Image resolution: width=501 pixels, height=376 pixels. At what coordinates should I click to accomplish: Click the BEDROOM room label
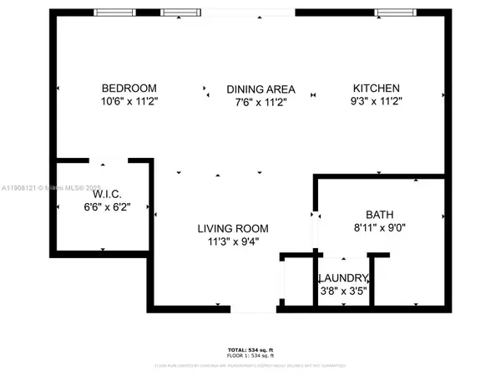(x=129, y=89)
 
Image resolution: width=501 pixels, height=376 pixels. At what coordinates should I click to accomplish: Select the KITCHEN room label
(x=376, y=89)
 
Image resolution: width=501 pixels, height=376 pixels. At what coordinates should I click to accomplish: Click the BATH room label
(x=379, y=214)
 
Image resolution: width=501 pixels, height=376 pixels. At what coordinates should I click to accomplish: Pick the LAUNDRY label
(x=342, y=278)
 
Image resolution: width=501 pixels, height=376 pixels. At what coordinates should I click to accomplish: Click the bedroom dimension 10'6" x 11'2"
(x=129, y=101)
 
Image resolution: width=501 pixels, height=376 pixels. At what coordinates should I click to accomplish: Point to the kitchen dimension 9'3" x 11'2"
(x=376, y=101)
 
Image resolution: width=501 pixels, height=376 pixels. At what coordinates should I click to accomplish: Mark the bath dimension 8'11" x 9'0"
(x=379, y=226)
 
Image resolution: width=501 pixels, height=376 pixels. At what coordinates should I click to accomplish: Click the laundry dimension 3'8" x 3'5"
(x=342, y=291)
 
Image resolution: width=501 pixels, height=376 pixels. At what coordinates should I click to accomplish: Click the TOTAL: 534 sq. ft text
(x=250, y=349)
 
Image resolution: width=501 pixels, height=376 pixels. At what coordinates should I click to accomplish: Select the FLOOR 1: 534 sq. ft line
(x=250, y=356)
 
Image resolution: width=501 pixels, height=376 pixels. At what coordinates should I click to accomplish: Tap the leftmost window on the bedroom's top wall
(x=115, y=13)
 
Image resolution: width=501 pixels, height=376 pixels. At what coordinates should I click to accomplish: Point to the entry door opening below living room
(x=254, y=310)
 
